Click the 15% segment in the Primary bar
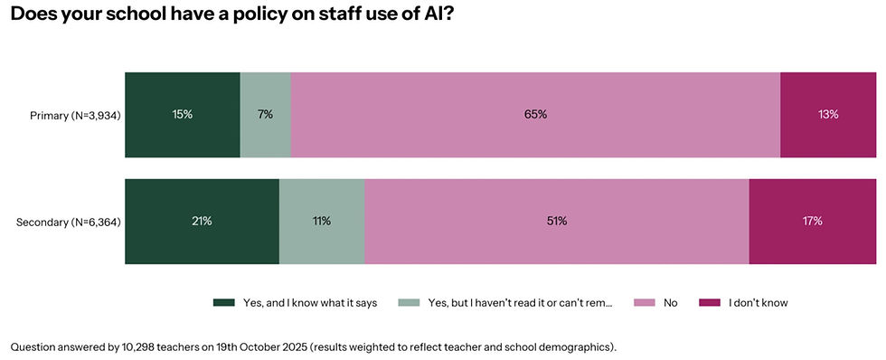point(183,115)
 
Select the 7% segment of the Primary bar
point(266,115)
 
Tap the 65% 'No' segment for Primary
point(535,115)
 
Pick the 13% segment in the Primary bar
point(828,115)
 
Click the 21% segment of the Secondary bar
point(202,222)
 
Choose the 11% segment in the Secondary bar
point(322,222)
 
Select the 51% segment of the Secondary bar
point(557,222)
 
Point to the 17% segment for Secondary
point(813,222)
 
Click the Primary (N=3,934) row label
point(75,115)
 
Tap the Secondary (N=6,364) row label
point(69,222)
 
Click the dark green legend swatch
point(223,303)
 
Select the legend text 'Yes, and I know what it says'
point(309,303)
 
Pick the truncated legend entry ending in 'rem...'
point(520,303)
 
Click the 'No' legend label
point(670,303)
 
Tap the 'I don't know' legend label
point(758,303)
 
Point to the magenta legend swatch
point(710,303)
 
